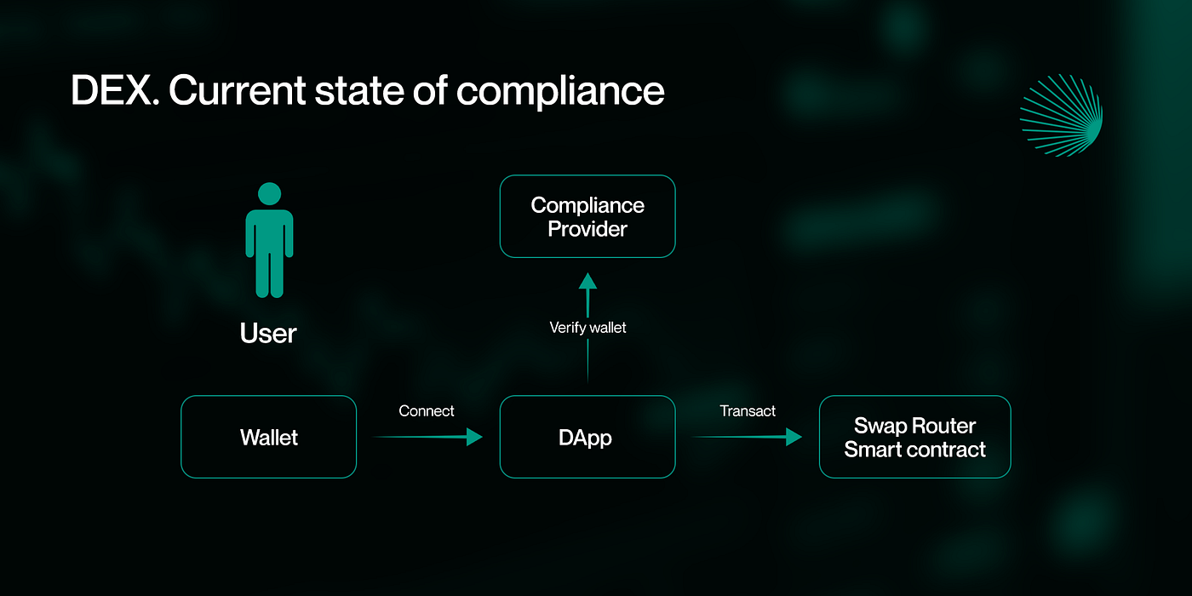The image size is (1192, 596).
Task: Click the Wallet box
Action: (x=268, y=437)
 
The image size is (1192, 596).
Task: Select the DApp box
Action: (x=587, y=437)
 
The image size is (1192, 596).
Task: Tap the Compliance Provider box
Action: (x=587, y=216)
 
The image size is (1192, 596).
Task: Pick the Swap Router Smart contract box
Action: (x=914, y=437)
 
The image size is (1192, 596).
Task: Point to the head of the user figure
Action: (x=269, y=194)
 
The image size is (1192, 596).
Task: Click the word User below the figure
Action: (x=268, y=333)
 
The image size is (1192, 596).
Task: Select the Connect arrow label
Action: (x=427, y=411)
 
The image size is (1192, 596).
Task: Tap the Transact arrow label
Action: (x=748, y=411)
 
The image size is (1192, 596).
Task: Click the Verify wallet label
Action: (x=587, y=328)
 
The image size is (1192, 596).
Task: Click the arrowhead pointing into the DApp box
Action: (x=474, y=437)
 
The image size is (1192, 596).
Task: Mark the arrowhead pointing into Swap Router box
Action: (x=794, y=437)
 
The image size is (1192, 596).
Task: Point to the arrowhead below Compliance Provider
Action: (x=587, y=282)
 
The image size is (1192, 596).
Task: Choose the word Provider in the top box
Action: (x=587, y=229)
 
